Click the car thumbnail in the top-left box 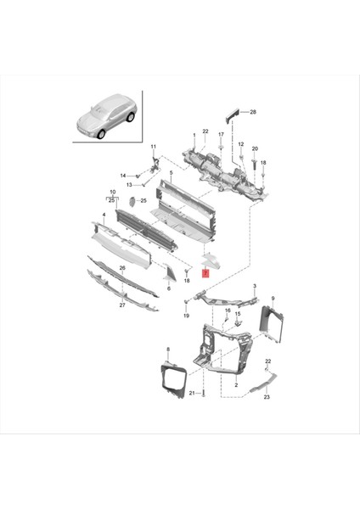click(106, 119)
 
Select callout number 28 click(253, 112)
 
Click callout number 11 click(154, 147)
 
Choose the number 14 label click(122, 176)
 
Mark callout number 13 click(129, 184)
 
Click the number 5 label click(171, 174)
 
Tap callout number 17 click(221, 134)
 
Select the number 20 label click(255, 148)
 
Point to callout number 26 click(121, 269)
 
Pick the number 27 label click(121, 304)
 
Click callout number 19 click(186, 316)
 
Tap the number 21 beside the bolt click(193, 394)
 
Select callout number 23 click(266, 397)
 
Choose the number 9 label click(273, 298)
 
